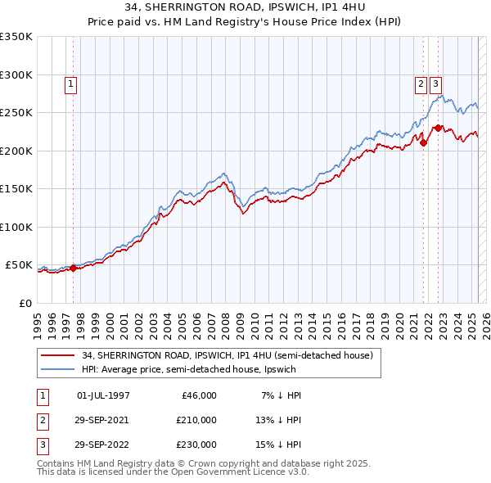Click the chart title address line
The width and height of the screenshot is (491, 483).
click(245, 8)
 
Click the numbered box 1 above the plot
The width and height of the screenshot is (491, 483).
click(71, 83)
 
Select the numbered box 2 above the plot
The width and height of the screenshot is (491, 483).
click(421, 83)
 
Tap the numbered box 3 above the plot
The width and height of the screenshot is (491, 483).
click(435, 83)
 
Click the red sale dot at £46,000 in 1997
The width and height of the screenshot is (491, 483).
click(73, 268)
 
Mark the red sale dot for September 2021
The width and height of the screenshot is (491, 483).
click(424, 142)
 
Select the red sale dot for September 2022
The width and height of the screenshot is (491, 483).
click(438, 128)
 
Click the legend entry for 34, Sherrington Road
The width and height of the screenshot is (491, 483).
click(227, 355)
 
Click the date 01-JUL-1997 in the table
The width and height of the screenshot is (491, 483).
click(103, 395)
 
